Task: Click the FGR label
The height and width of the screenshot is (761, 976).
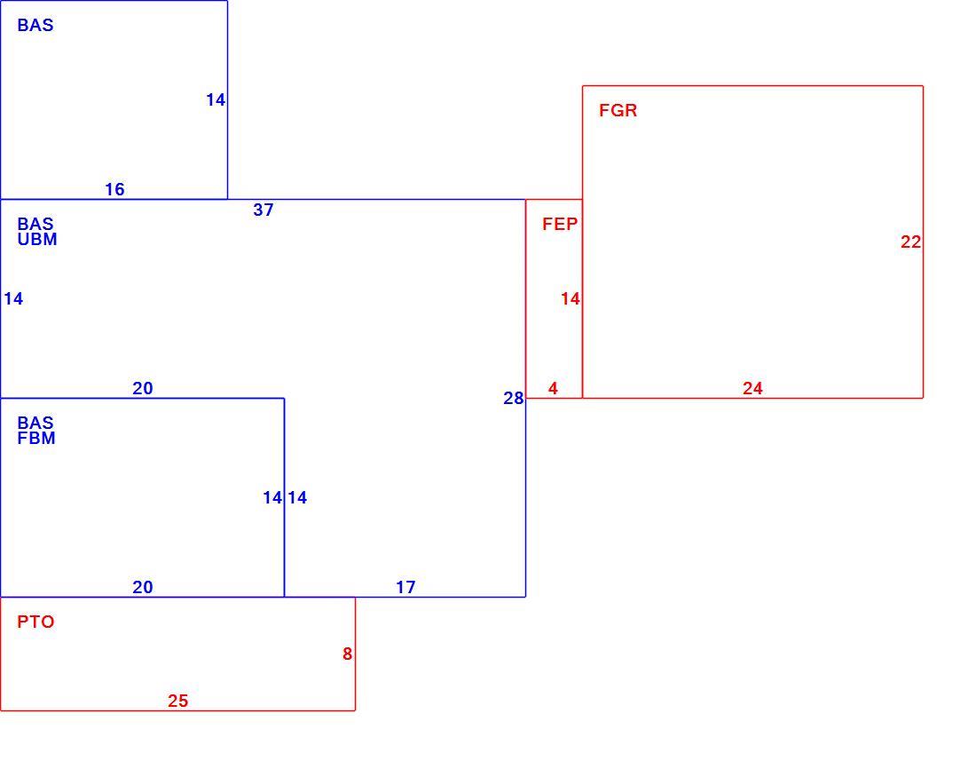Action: (x=618, y=111)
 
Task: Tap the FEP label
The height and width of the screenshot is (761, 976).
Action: (x=560, y=224)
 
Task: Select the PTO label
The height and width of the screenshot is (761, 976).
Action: (x=36, y=622)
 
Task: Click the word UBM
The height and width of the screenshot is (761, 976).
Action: (x=37, y=240)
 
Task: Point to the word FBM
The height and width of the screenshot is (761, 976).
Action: (x=36, y=439)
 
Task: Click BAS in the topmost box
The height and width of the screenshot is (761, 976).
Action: (x=35, y=26)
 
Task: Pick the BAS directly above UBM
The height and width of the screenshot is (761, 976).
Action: (x=35, y=224)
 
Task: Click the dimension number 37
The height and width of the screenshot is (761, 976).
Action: (x=264, y=210)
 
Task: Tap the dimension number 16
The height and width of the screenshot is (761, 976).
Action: (x=114, y=190)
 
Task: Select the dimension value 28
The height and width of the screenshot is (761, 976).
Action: (x=514, y=399)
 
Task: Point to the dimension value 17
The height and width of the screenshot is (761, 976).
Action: (x=405, y=587)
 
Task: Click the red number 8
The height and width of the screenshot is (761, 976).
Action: (x=347, y=654)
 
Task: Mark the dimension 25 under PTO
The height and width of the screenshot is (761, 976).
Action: (x=178, y=702)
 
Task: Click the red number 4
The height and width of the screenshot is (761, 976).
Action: (x=553, y=389)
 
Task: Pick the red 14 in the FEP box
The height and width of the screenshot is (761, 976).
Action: (x=571, y=299)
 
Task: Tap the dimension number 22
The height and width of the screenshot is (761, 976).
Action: (x=910, y=242)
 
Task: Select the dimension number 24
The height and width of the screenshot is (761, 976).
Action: (x=752, y=389)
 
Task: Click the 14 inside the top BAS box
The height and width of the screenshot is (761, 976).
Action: (x=216, y=100)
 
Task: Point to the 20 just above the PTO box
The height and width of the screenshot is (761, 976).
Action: (x=143, y=587)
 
